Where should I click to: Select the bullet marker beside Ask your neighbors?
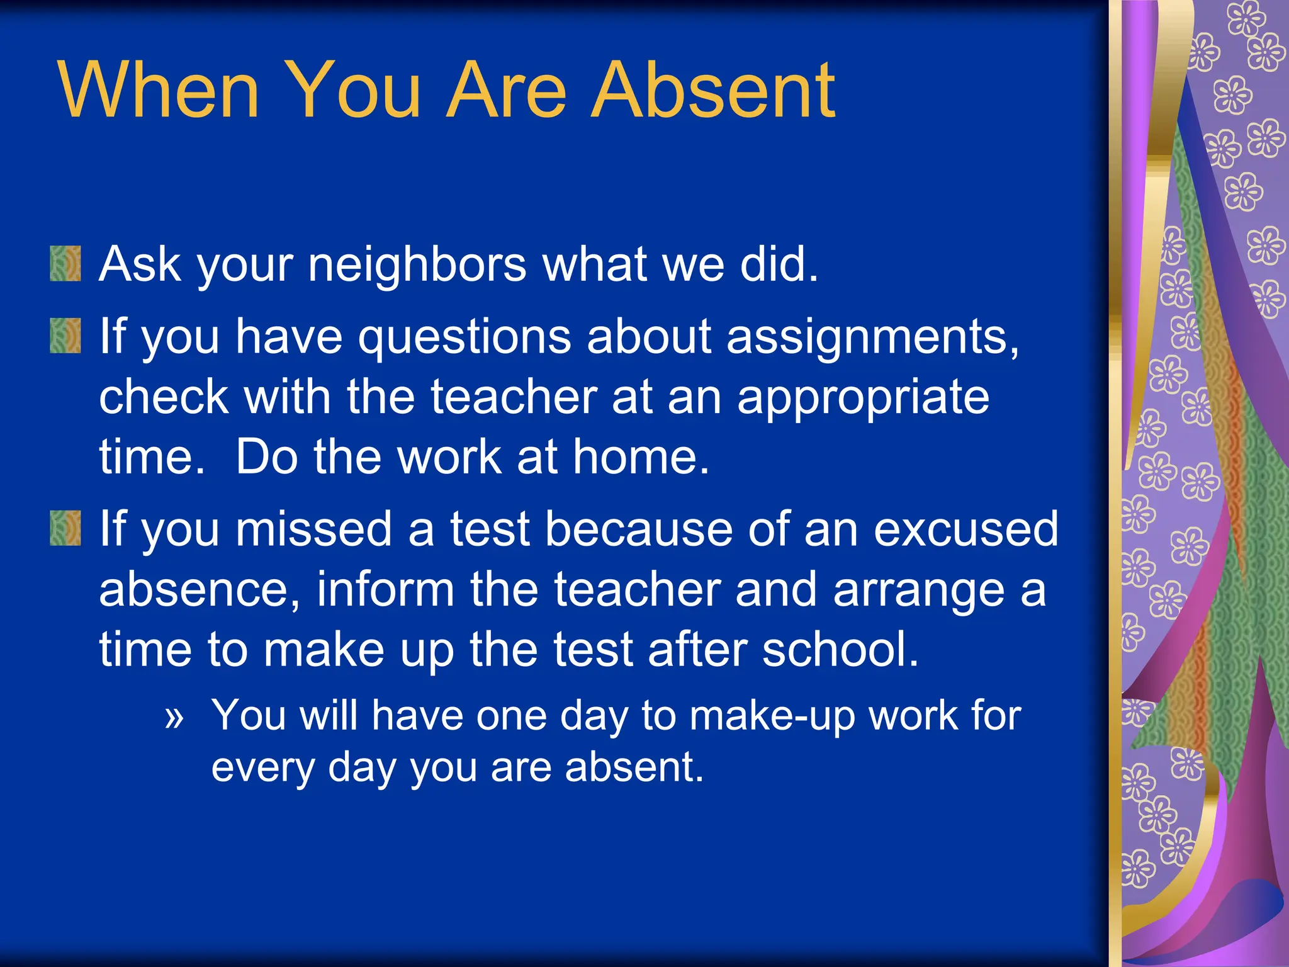[65, 263]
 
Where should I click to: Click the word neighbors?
[417, 264]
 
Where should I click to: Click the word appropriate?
[863, 399]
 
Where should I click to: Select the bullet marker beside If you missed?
[65, 528]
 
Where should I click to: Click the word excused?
[966, 529]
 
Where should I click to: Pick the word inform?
[385, 589]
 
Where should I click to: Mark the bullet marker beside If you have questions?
[65, 336]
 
